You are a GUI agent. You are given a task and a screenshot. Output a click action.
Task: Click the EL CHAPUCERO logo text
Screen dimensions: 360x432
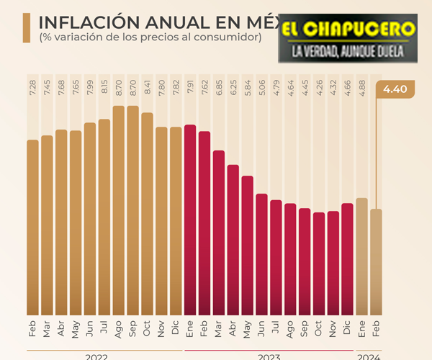click(347, 30)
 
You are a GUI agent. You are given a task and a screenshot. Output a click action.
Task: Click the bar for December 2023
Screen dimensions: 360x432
click(347, 259)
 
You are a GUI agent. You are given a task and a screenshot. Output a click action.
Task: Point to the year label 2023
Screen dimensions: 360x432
click(269, 355)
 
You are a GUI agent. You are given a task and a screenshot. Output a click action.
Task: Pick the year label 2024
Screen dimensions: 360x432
click(369, 355)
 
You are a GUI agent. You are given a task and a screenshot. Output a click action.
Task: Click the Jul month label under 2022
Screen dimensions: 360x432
click(104, 328)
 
